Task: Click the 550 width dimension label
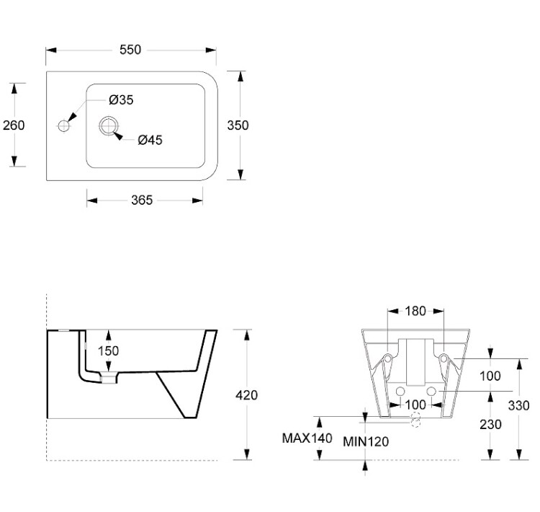coord(130,50)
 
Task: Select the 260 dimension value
coord(14,125)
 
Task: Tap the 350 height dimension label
coord(238,125)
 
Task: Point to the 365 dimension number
coord(142,200)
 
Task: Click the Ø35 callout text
coord(122,100)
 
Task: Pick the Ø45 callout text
coord(149,140)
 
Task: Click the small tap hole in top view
coord(63,125)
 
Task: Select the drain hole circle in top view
coord(109,125)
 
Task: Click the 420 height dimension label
coord(247,394)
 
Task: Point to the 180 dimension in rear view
coord(415,311)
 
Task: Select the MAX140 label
coord(307,437)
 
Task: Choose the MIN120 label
coord(365,441)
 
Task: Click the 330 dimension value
coord(518,405)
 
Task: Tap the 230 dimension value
coord(490,425)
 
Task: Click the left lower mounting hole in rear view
coord(400,391)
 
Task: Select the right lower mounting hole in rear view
coord(431,391)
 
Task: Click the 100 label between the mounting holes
coord(415,404)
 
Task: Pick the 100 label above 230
coord(490,376)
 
